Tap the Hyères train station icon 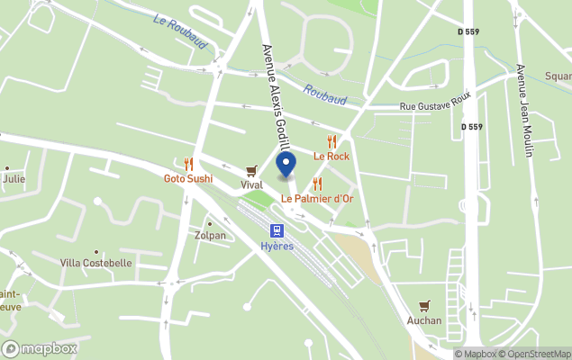277,231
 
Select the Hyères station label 277,247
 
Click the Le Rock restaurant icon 331,141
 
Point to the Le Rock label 331,156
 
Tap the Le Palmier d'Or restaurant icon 316,184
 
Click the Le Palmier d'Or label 316,198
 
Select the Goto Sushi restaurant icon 188,164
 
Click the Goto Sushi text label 188,178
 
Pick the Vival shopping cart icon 251,170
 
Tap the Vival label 251,184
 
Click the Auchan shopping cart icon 424,306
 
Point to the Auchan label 424,320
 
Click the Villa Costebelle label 95,263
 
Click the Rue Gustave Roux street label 436,107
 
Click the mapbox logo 40,348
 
